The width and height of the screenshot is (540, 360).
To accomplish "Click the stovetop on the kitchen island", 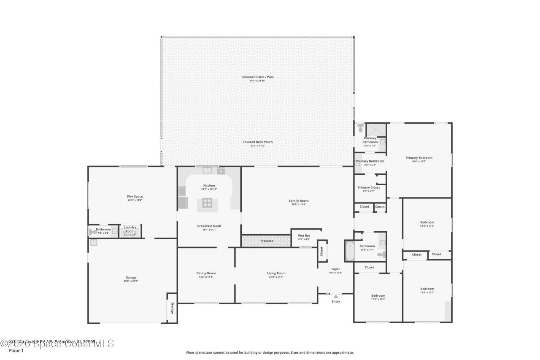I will point(207,203).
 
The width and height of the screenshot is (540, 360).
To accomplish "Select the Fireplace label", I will point(266,241).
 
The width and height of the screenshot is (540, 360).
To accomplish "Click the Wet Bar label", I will point(304,235).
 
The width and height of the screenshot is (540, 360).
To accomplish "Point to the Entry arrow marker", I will point(336,297).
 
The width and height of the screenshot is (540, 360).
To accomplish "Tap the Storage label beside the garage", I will point(172,308).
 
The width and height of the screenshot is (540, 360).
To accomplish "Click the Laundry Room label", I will point(130,229).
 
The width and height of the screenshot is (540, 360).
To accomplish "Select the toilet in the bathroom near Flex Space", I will point(93,231).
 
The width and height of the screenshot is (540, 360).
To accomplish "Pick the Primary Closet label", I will point(369,187).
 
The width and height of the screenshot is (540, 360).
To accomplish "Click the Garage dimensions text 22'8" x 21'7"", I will point(131,281).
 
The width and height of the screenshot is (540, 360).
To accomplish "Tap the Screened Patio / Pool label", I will point(257,77).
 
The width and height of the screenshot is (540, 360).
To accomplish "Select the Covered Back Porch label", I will point(257,142).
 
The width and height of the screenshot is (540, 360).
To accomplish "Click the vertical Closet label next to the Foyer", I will point(321,252).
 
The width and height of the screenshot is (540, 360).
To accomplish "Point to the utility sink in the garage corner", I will point(94,243).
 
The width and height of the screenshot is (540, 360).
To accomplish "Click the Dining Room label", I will point(206,273).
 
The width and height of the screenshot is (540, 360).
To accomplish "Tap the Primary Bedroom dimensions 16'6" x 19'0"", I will point(419,161).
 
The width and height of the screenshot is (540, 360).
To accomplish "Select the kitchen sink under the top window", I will point(207,171).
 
